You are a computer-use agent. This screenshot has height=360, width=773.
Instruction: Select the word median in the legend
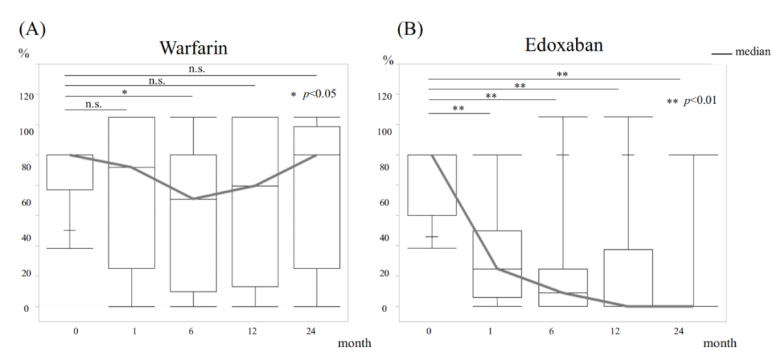(753, 52)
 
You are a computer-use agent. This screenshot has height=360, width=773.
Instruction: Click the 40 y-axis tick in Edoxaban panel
(388, 238)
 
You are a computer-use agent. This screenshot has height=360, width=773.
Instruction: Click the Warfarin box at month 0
(71, 172)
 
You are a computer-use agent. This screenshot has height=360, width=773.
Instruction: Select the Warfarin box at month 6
(193, 223)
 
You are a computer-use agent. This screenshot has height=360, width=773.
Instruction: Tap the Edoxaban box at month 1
(497, 263)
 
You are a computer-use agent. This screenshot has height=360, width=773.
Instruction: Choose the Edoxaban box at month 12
(628, 278)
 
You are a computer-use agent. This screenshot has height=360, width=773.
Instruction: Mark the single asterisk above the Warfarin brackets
(125, 92)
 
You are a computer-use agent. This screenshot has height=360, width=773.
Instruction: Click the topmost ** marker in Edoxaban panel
(563, 74)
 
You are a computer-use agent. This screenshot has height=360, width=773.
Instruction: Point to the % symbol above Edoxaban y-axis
(389, 60)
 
